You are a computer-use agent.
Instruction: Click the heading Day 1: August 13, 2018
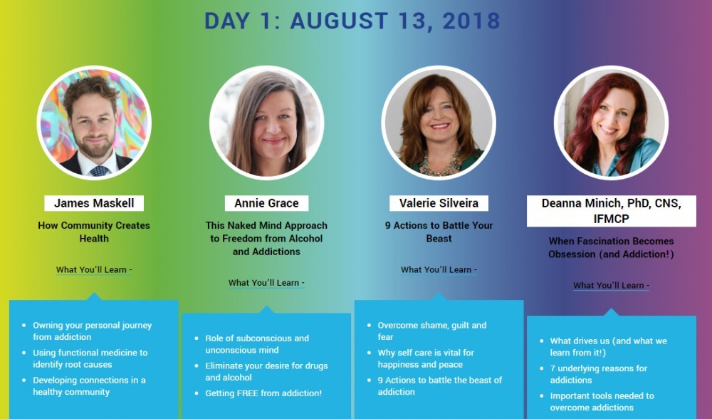click(x=352, y=21)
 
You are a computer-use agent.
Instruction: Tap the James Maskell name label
click(x=94, y=203)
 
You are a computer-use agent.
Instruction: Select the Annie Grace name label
click(x=266, y=203)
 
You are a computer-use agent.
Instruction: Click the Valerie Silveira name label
click(x=439, y=203)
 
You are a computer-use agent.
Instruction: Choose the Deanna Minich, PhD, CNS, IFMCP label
click(x=611, y=211)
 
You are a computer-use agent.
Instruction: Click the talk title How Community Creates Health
click(x=94, y=232)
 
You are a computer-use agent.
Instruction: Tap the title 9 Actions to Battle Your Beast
click(x=439, y=232)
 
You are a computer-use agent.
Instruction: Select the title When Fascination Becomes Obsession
click(x=611, y=248)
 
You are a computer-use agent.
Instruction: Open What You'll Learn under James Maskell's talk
click(x=94, y=270)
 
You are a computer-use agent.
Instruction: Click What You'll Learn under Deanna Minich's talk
click(x=611, y=286)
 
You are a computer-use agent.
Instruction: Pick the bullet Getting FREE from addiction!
click(x=263, y=393)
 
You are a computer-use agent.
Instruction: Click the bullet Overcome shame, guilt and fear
click(x=432, y=331)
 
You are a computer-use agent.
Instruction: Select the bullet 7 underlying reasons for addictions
click(x=599, y=374)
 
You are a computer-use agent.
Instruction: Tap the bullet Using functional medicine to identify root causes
click(x=90, y=358)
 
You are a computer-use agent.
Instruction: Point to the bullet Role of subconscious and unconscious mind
click(x=257, y=344)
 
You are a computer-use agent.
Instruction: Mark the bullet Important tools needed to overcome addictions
click(x=602, y=402)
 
